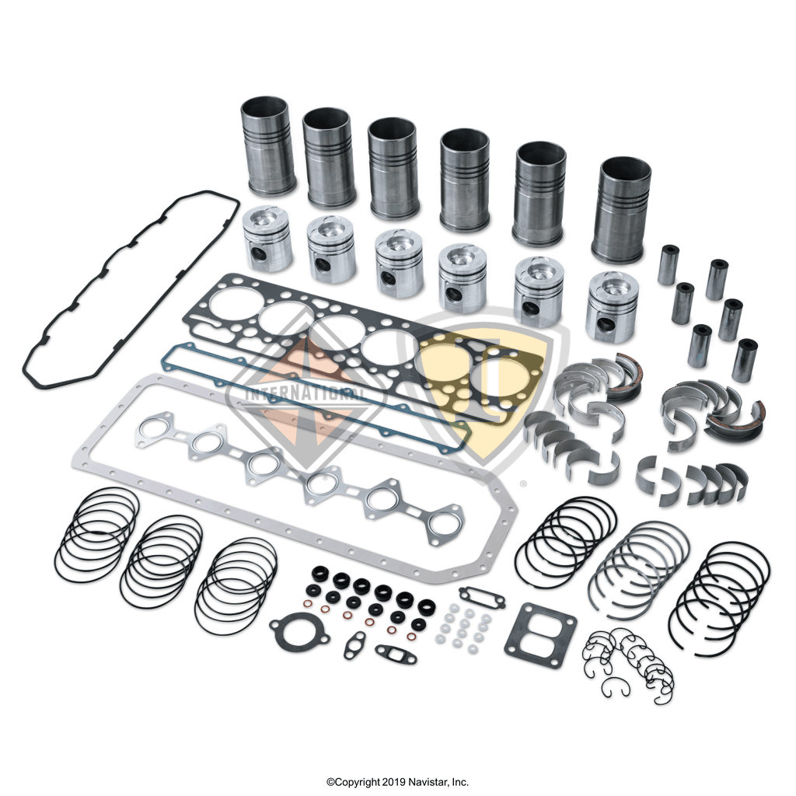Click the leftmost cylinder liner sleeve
267,145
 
